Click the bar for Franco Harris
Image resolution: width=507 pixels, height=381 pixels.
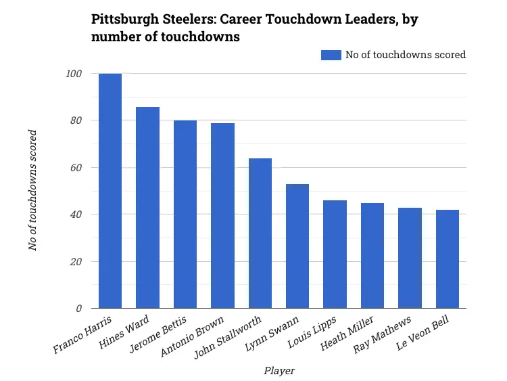pyautogui.click(x=110, y=191)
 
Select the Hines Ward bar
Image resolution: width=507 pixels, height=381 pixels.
pyautogui.click(x=147, y=208)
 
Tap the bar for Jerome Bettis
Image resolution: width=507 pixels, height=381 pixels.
pyautogui.click(x=185, y=215)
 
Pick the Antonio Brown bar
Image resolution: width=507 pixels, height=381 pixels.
pyautogui.click(x=222, y=216)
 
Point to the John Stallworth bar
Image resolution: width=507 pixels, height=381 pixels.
pyautogui.click(x=260, y=233)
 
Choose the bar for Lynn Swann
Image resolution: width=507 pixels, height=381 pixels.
pyautogui.click(x=297, y=246)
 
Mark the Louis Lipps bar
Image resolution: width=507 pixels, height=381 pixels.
pyautogui.click(x=335, y=254)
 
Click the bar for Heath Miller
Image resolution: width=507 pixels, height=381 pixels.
pyautogui.click(x=372, y=256)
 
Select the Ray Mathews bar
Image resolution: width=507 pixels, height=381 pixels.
pyautogui.click(x=410, y=258)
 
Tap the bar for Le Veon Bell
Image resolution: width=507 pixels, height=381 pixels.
pyautogui.click(x=448, y=259)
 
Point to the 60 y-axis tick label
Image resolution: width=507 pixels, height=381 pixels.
pyautogui.click(x=76, y=168)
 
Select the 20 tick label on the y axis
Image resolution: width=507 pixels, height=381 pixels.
pyautogui.click(x=76, y=262)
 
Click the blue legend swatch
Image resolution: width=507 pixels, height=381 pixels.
pyautogui.click(x=331, y=55)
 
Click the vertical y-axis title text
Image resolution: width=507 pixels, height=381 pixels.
pyautogui.click(x=33, y=191)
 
